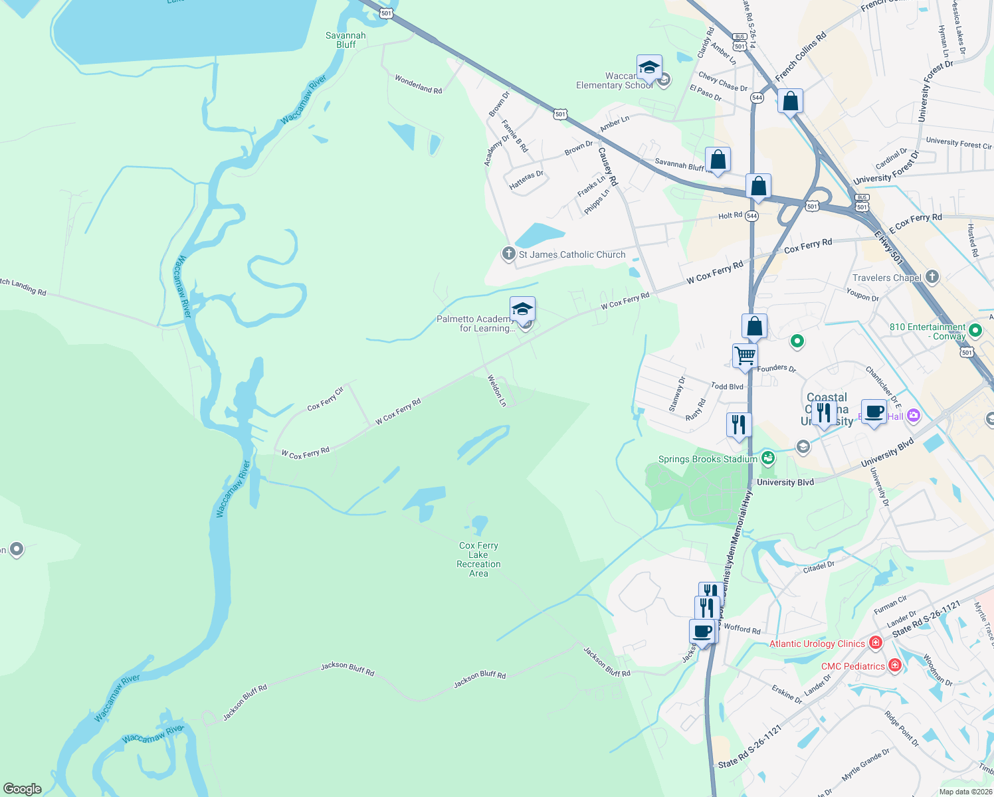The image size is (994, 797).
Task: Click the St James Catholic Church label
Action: click(571, 254)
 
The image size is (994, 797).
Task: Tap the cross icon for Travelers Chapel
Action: click(932, 277)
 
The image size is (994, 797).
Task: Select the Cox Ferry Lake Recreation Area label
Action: click(478, 559)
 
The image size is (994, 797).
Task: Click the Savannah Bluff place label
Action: click(346, 40)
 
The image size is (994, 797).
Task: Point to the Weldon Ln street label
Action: click(496, 390)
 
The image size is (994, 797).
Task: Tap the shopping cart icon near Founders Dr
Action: click(745, 355)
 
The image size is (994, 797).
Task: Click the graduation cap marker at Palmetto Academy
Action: click(522, 309)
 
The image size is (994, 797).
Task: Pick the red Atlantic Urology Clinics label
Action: click(817, 644)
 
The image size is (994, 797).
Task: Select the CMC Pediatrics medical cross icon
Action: click(895, 665)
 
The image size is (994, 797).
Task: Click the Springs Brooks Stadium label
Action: click(707, 459)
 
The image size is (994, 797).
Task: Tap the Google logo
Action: click(22, 789)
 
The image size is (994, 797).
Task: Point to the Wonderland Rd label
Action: click(418, 84)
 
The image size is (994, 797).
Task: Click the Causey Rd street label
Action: click(608, 166)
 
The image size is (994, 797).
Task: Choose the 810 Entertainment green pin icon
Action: click(975, 330)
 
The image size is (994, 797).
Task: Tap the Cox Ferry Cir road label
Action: click(325, 398)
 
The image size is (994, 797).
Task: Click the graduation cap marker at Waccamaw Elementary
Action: click(649, 67)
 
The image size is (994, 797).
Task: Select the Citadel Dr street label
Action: click(819, 567)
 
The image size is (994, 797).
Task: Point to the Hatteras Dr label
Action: click(526, 180)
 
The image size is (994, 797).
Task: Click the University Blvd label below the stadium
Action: click(785, 482)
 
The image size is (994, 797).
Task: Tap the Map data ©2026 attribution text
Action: click(965, 792)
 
